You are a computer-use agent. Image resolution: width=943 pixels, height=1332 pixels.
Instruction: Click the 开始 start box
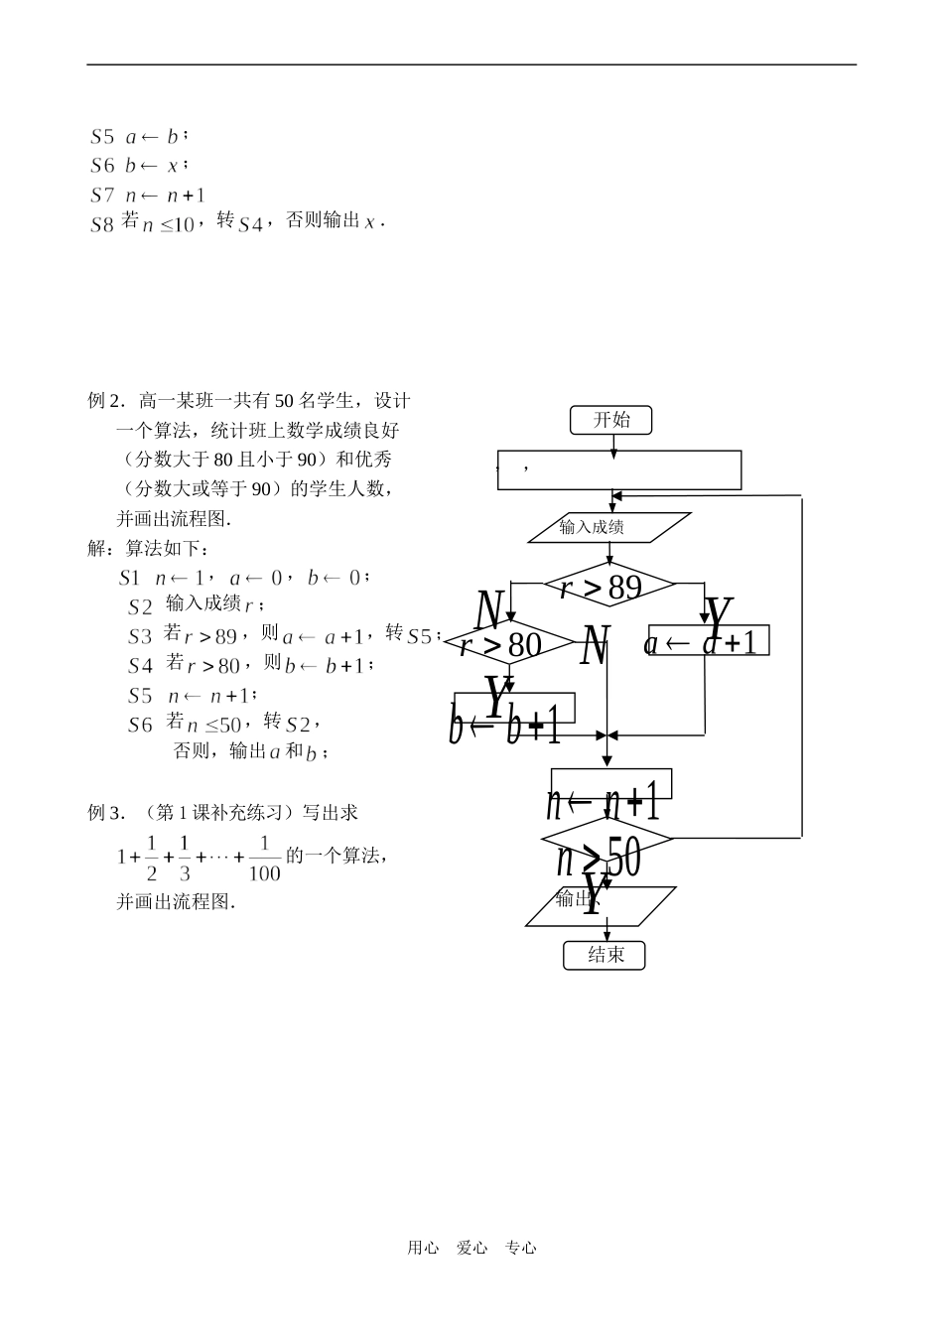point(611,420)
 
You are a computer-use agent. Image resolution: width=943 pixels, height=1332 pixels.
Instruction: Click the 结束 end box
point(605,955)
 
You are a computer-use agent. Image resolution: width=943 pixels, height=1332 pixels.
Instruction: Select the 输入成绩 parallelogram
point(608,527)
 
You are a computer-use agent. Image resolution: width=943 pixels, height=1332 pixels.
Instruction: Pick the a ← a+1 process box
point(709,641)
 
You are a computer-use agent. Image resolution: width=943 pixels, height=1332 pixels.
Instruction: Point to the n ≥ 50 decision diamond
point(607,839)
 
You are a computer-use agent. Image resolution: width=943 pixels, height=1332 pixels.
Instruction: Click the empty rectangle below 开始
point(618,469)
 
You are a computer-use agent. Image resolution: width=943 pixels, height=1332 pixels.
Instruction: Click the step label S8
point(102,224)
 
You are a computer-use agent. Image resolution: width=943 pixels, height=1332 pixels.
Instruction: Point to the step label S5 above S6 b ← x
point(102,137)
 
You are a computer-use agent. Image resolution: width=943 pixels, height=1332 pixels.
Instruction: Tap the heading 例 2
point(108,401)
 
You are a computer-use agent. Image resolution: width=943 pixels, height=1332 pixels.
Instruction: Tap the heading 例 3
point(108,812)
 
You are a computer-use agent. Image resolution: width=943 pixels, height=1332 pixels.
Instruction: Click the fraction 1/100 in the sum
point(264,858)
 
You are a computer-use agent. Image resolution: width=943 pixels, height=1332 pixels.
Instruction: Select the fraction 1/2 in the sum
point(152,858)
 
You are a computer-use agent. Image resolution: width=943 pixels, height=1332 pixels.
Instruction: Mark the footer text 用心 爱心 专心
point(471,1248)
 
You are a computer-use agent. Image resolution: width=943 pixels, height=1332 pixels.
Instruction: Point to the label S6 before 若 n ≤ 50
point(140,725)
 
